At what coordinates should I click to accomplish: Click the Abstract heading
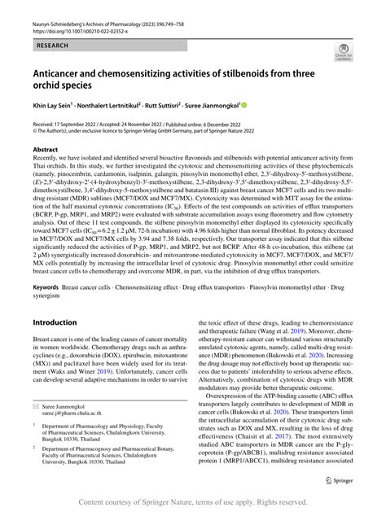[46, 151]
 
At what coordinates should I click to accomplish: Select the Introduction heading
[55, 300]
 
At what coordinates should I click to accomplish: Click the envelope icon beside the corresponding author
[37, 427]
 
